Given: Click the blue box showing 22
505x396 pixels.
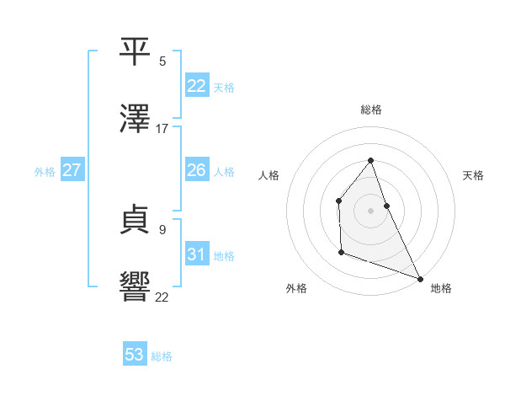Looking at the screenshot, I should pos(196,86).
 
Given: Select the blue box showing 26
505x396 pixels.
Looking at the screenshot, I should pos(196,170).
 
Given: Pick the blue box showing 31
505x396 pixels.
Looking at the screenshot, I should pos(196,254).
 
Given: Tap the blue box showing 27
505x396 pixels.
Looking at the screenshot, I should pos(72,170).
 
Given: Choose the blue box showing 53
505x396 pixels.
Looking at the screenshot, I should pos(135,355).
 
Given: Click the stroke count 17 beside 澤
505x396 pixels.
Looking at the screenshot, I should pos(162,129).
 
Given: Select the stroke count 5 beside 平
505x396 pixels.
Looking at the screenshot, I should pos(162,62).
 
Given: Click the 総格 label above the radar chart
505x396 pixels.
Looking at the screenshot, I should pos(371,110).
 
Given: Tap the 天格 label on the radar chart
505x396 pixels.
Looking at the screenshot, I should pos(473,175).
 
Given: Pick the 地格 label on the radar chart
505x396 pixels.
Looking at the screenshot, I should pos(441,288).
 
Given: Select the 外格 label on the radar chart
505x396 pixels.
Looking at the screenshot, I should pos(296,288).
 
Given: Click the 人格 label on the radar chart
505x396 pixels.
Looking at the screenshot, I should pos(269,175).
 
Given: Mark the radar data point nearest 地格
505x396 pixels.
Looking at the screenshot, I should pos(420,279).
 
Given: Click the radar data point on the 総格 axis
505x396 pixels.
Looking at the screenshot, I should pos(370,160).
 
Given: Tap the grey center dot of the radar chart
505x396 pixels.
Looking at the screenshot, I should pos(370,211).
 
